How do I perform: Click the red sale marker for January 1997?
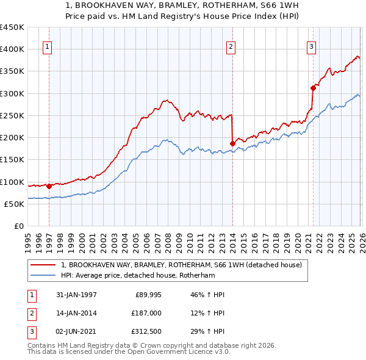[49, 186]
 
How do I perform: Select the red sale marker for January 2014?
[232, 143]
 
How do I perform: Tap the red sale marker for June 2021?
[313, 88]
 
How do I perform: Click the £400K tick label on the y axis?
[12, 49]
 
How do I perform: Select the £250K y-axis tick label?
[12, 116]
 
